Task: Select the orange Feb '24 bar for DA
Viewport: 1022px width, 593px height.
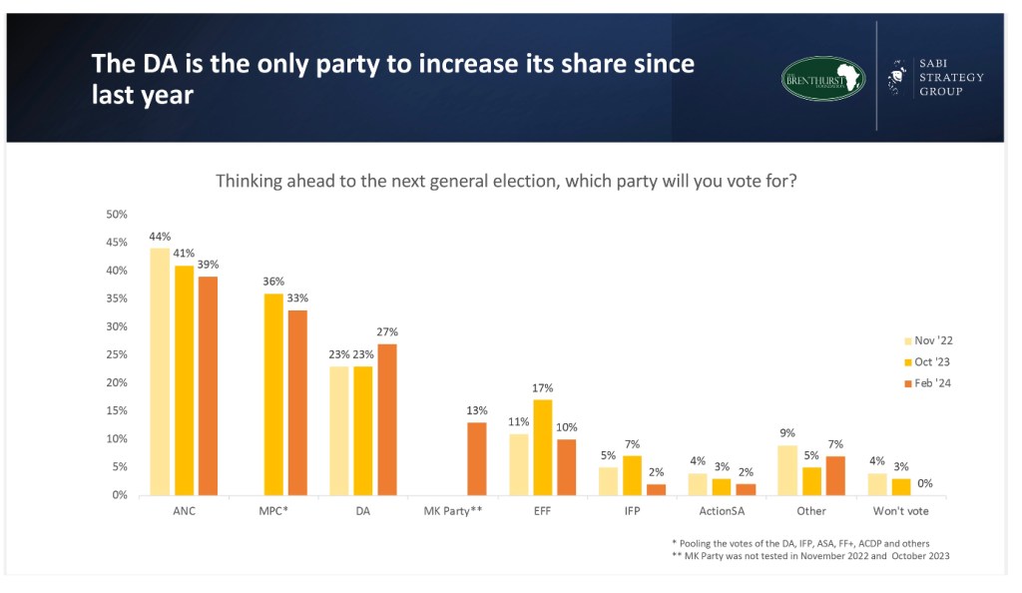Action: (385, 419)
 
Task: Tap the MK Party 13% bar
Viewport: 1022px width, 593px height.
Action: (476, 458)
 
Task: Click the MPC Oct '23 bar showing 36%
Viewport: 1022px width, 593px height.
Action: (272, 393)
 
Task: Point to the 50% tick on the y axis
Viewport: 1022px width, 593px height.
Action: (117, 215)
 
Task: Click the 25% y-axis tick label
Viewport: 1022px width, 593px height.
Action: (117, 354)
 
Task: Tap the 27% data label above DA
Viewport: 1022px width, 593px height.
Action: (386, 332)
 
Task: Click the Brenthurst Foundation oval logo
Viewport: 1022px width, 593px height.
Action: (822, 78)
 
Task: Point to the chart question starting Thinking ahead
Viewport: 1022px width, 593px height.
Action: (506, 183)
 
